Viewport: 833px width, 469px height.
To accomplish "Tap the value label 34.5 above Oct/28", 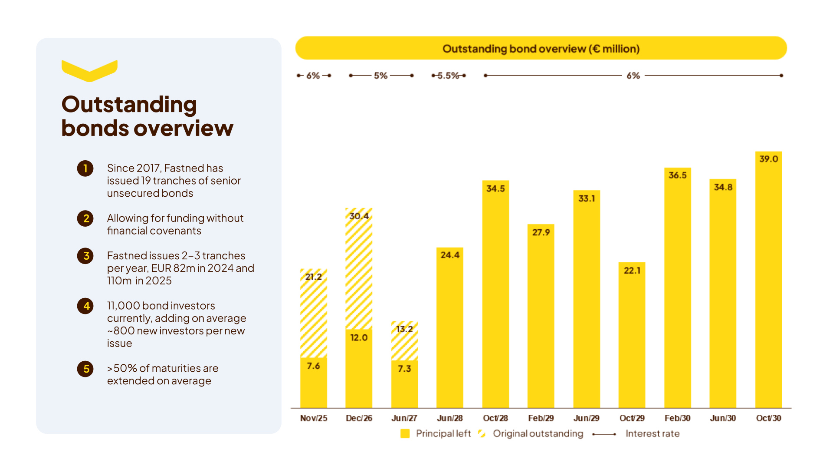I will coord(495,188).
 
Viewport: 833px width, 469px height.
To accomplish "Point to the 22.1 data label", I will coord(632,270).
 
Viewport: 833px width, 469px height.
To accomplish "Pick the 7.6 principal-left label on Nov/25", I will coord(313,366).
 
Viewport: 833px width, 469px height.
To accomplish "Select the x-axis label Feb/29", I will coord(541,418).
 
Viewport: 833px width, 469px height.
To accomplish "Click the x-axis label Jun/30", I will coord(722,418).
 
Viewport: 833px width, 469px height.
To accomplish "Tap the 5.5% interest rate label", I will coord(448,76).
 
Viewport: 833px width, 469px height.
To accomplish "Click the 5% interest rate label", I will coord(380,76).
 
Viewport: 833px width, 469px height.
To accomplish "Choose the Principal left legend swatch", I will coord(405,433).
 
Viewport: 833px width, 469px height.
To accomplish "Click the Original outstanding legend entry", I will coord(538,433).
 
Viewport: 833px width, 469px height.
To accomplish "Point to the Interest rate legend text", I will coord(652,433).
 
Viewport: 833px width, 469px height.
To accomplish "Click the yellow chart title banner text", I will coord(541,49).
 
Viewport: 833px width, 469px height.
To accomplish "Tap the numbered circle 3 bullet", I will coord(85,256).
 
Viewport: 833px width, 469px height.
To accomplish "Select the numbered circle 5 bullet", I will coord(85,369).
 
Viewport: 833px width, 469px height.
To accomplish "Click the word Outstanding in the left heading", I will coord(129,105).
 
